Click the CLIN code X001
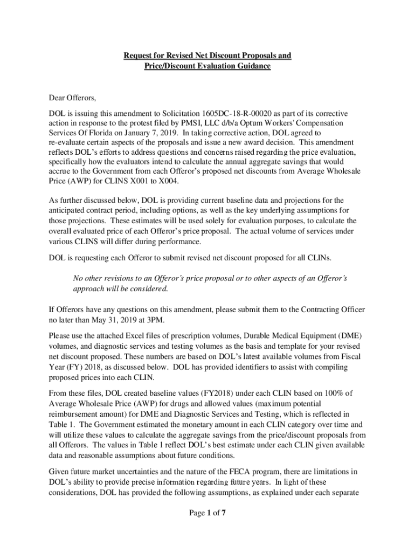(x=134, y=180)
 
